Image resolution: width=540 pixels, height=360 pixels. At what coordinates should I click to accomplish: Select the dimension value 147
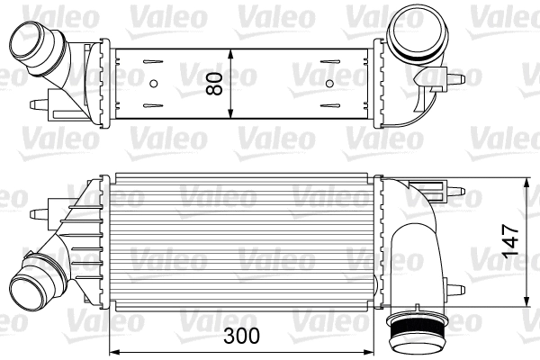(x=509, y=241)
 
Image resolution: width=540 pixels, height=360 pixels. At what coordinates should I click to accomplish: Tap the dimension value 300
(x=241, y=337)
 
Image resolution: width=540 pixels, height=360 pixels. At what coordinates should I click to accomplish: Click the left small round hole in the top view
(x=154, y=85)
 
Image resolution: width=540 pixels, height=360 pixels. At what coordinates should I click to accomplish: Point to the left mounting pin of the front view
(x=38, y=213)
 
